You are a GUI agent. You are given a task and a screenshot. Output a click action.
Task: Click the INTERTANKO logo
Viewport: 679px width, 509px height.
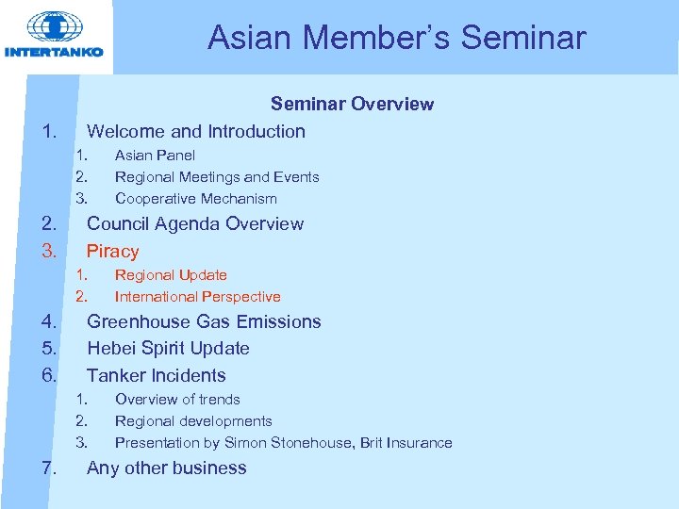54,35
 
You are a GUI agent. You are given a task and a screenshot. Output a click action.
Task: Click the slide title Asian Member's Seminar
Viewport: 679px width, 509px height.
396,38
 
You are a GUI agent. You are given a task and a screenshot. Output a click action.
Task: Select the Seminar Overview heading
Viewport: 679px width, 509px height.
352,104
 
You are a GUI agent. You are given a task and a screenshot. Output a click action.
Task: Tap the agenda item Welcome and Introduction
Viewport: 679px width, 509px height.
196,131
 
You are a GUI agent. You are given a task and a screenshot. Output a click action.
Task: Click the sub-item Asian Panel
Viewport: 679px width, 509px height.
155,156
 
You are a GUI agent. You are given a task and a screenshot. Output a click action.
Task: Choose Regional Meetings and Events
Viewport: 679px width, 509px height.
217,177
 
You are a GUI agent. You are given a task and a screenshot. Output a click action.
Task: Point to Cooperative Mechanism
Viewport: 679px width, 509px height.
196,199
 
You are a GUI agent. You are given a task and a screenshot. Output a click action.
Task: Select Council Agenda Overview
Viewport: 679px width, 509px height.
195,224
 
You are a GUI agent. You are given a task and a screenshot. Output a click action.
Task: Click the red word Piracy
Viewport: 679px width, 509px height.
113,252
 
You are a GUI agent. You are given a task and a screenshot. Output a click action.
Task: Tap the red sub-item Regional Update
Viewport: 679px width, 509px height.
171,275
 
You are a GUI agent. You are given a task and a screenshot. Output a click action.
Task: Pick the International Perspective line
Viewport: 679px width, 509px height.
197,297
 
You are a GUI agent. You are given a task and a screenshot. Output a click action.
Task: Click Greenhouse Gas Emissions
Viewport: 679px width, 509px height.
204,322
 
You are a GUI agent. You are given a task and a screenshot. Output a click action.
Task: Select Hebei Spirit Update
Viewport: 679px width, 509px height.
168,349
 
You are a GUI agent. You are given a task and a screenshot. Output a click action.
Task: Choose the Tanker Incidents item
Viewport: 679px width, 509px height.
157,375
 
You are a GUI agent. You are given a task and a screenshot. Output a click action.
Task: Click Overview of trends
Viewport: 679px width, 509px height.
177,400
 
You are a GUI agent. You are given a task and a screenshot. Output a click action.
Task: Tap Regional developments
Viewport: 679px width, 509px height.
193,421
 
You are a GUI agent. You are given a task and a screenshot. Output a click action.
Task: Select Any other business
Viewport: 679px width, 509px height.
167,468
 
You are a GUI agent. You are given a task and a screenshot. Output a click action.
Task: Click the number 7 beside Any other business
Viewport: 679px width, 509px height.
49,468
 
